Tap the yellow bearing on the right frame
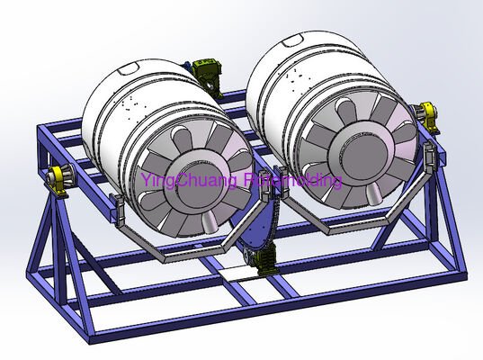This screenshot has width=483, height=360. (427, 115)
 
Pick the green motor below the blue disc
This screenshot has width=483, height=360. (267, 263)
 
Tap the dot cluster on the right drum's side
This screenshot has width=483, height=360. (281, 69)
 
